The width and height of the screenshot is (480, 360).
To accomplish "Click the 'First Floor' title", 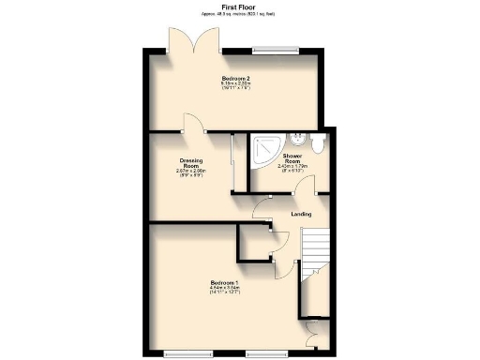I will (239, 6).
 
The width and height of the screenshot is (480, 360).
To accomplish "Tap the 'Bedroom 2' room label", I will (234, 77).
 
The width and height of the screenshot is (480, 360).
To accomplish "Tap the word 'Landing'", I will (301, 214).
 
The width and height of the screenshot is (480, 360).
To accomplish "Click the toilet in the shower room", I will (320, 142).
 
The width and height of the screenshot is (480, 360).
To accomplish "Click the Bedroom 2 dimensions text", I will (234, 86).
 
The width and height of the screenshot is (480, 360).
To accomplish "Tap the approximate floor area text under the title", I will (239, 14).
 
